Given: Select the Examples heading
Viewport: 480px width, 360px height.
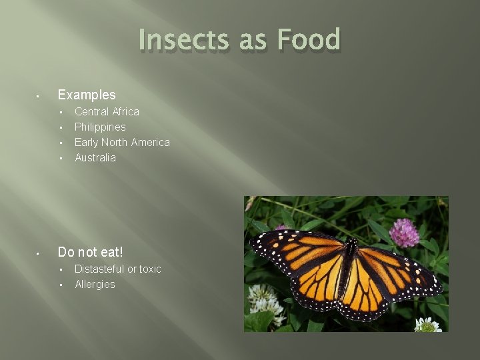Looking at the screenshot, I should coord(87,95).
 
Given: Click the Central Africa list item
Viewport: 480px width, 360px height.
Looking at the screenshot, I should coord(107,111).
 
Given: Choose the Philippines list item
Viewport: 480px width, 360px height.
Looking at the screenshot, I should coord(100,127).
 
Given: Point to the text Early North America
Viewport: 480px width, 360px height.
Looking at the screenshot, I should coord(122,142).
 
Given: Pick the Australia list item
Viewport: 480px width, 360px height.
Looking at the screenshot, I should coord(95,157).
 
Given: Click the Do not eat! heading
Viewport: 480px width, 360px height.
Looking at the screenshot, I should coord(91,252).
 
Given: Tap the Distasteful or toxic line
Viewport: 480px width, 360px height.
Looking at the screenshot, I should coord(117,269).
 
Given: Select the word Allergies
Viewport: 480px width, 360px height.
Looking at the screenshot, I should coord(95,284).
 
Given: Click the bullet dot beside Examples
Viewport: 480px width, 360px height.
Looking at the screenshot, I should coord(39,95).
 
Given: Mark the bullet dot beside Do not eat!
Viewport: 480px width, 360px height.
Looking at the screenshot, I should coord(39,253).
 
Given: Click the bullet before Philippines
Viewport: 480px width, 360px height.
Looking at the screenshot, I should coord(61,127).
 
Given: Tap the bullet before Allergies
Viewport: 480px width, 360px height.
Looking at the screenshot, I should coord(61,285).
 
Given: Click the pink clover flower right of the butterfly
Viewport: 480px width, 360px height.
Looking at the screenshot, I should coord(404,233).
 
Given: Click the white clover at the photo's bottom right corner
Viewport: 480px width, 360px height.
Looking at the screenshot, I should coord(427,325).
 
